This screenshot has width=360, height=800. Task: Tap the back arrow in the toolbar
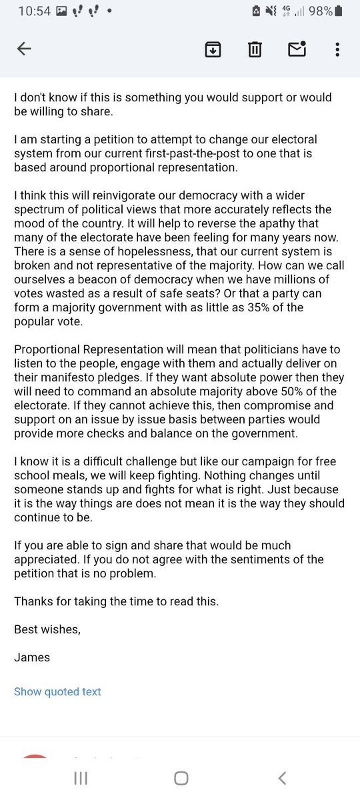coord(24,49)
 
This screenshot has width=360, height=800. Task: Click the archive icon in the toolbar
coord(213,49)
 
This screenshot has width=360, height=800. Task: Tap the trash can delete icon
coord(255,49)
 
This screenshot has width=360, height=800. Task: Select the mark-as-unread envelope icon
coord(296,49)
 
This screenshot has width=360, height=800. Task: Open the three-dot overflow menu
coord(338,49)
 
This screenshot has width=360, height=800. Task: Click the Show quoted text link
coord(57,691)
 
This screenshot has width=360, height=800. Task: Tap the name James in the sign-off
coord(32,657)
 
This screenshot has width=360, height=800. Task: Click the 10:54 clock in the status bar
coord(34,11)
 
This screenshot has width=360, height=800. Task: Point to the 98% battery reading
coord(320,11)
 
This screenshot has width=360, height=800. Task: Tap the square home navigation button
coord(181,778)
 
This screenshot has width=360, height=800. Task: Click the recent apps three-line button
coord(80,778)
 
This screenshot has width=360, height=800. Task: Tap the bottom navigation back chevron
coord(282,778)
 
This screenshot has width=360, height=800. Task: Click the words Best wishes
coord(47,629)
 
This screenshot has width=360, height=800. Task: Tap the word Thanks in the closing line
coord(33,601)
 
